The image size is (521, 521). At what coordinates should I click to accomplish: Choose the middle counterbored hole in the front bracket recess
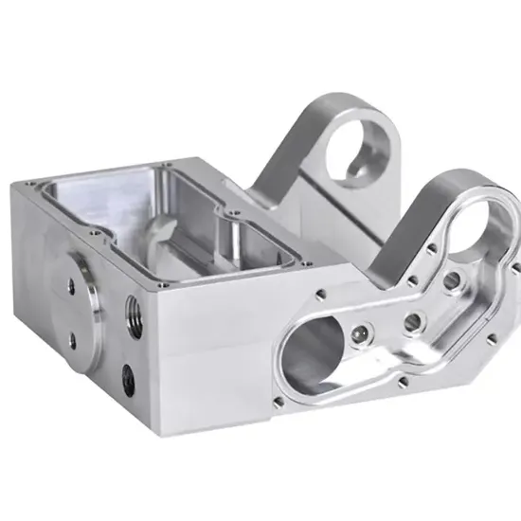tap(411, 321)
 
